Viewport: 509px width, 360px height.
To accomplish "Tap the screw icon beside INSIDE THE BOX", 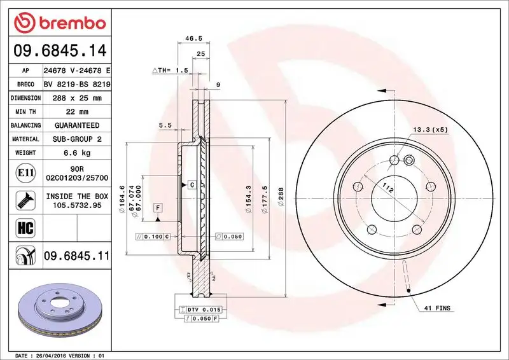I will tap(22, 200).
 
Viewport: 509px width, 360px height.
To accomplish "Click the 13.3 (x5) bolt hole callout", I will tap(431, 130).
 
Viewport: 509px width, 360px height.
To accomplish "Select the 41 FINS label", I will tap(436, 308).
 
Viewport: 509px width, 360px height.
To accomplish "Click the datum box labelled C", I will tap(191, 184).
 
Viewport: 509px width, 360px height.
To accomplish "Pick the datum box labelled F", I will tap(157, 207).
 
